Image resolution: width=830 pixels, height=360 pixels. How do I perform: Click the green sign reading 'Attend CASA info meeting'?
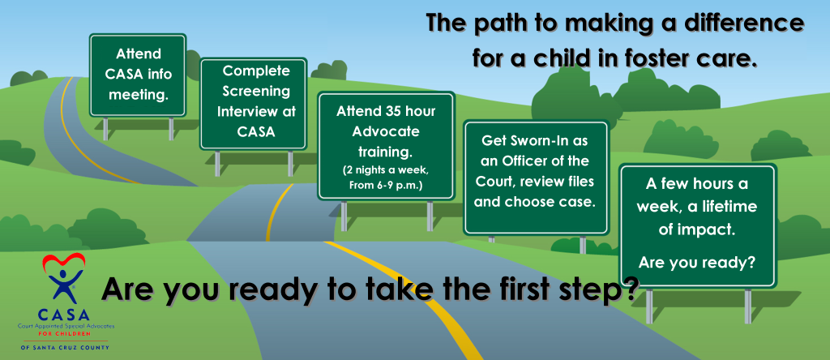point(138,75)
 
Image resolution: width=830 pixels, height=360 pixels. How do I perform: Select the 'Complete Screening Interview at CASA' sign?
point(253,104)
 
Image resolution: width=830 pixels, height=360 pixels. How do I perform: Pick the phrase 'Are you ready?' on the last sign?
point(697,262)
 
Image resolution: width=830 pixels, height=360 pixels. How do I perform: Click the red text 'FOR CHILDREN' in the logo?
point(63,335)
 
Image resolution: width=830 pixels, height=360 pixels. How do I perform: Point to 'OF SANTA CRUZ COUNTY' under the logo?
point(65,347)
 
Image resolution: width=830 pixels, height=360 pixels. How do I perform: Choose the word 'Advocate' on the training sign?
point(385,131)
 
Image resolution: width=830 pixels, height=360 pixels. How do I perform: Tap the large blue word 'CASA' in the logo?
point(63,315)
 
